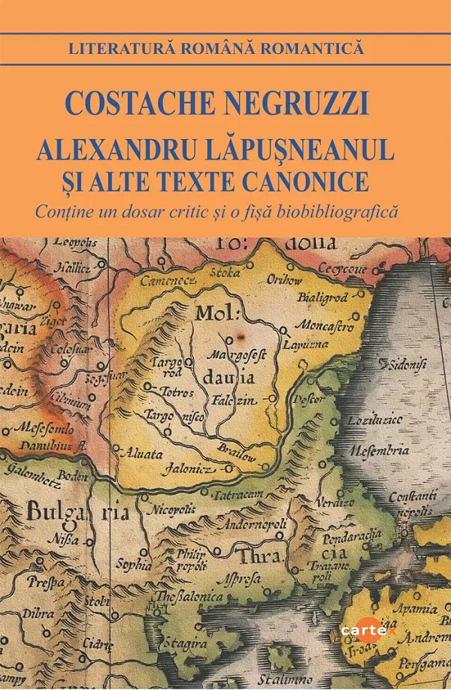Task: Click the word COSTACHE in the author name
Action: point(151,102)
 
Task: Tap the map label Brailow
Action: point(240,455)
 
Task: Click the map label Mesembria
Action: point(379,451)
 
